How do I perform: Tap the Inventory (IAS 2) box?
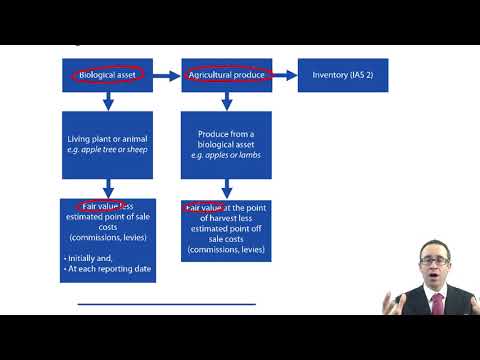click(343, 75)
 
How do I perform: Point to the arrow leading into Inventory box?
click(285, 75)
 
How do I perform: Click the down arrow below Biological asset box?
click(107, 101)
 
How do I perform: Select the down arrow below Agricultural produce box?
click(227, 101)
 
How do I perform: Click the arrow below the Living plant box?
click(107, 187)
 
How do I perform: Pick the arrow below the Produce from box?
click(227, 187)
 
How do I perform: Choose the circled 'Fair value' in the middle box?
click(202, 208)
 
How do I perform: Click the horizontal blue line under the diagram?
click(166, 303)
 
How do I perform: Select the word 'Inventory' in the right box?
click(331, 75)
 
